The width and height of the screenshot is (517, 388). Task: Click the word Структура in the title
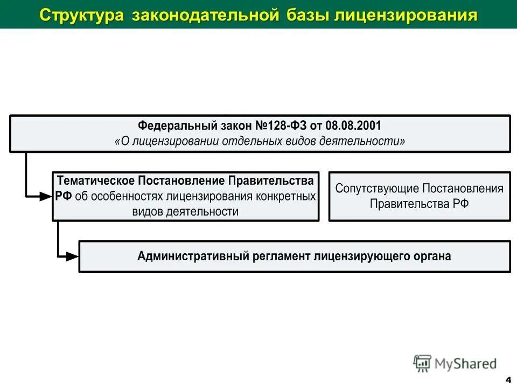pos(81,15)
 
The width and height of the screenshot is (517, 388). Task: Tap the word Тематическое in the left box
pos(96,180)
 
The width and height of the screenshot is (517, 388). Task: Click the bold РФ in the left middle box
pos(64,196)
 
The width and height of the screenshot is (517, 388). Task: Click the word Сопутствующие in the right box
pos(378,189)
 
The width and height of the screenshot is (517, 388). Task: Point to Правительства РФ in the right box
pos(419,204)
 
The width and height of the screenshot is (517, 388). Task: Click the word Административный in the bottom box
pos(192,256)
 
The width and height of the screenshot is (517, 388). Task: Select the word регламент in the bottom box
pos(281,256)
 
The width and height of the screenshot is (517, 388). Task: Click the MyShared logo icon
pos(423,364)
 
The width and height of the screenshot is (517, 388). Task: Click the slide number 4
pos(509,378)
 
